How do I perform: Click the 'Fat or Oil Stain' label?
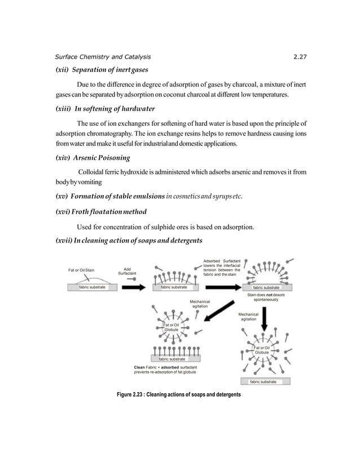(x=82, y=270)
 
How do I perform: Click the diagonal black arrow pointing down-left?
(x=217, y=311)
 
